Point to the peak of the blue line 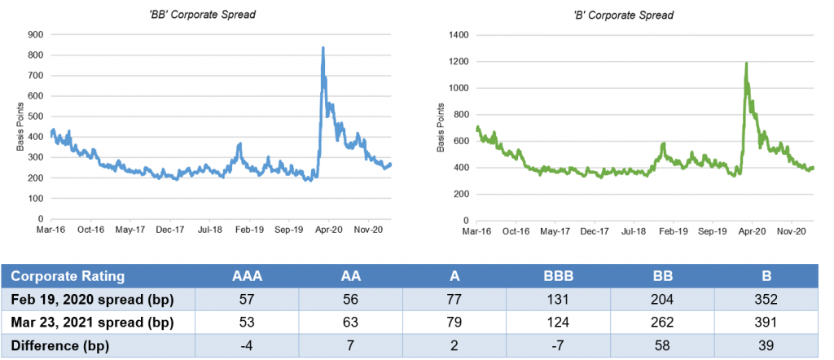(323, 48)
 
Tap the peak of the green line (746, 63)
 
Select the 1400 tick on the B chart (459, 35)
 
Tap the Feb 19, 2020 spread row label (91, 298)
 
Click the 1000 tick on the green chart (459, 88)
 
